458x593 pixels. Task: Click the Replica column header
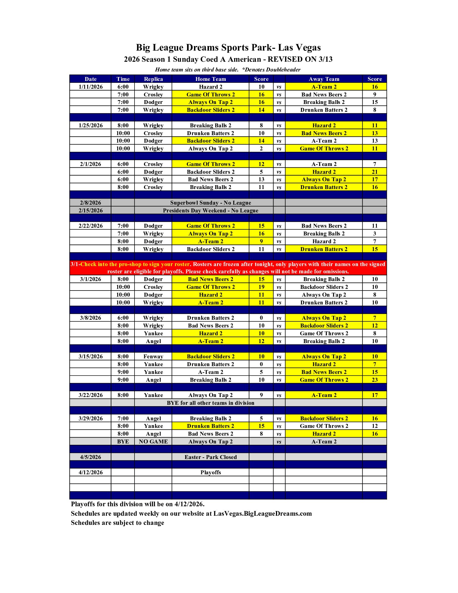coord(153,79)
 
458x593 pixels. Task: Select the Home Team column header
coord(210,79)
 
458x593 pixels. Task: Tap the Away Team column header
coord(324,79)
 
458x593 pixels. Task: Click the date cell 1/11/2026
coord(91,87)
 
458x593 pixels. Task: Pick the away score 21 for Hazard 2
coord(375,172)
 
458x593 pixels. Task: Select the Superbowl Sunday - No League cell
coord(210,203)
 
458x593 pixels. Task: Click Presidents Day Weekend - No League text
coord(210,210)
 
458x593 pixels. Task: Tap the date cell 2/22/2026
coord(91,226)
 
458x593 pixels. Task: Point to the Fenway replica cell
coord(153,356)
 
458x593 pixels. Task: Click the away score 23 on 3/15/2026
coord(375,380)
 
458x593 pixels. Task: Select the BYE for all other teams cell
coord(210,403)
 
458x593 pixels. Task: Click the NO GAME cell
coord(153,441)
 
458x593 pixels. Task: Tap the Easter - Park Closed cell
coord(210,457)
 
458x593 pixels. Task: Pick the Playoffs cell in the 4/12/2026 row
coord(210,472)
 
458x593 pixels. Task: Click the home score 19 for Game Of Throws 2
coord(261,287)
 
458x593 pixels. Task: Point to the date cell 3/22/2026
coord(91,395)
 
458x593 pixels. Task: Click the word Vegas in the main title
coord(308,48)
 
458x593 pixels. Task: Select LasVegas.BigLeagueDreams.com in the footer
coord(262,513)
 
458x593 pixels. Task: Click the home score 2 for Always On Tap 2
coord(261,148)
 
